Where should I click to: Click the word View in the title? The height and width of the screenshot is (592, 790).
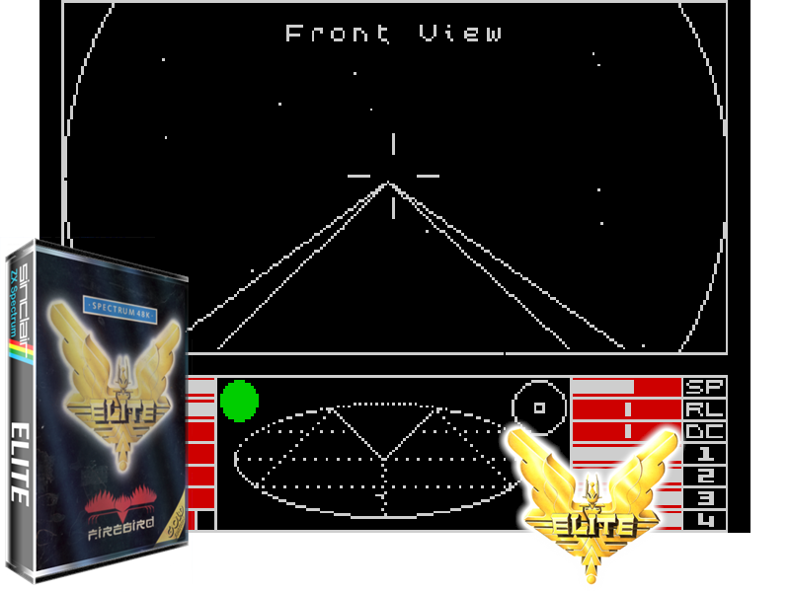460,34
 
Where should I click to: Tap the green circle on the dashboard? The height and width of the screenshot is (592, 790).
239,401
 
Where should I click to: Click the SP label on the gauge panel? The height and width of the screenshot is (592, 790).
705,387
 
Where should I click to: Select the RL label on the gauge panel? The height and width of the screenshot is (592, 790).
705,408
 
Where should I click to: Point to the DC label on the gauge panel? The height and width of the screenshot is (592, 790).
705,431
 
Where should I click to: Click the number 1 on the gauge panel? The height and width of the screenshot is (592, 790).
706,454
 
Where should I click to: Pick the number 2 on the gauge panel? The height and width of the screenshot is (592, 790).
706,476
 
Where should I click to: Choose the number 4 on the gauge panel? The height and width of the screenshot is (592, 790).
706,520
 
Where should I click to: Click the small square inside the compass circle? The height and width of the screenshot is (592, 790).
539,407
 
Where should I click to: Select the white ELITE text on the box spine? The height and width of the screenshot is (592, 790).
19,464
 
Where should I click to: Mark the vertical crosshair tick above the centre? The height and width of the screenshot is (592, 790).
393,144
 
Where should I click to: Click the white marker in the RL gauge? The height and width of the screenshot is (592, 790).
627,408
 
